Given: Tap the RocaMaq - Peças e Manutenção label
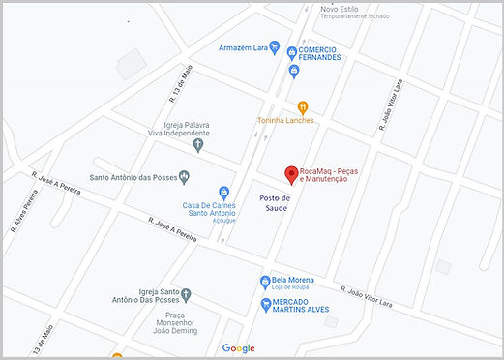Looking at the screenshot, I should [x=335, y=174].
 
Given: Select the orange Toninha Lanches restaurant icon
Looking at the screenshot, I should [x=303, y=106].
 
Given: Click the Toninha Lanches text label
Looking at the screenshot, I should [x=285, y=120].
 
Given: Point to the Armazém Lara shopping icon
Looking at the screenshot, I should [x=275, y=47].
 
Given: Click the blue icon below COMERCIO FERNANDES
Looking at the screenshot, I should [x=294, y=71].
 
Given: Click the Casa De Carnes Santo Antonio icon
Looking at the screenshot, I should [x=224, y=192].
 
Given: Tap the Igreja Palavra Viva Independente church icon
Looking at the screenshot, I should [x=198, y=146].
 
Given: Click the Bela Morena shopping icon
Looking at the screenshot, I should [x=263, y=282].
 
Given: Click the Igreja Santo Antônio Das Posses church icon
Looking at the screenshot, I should [x=187, y=294].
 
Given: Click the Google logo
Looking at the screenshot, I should [x=238, y=348].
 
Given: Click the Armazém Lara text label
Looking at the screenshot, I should [x=243, y=47].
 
